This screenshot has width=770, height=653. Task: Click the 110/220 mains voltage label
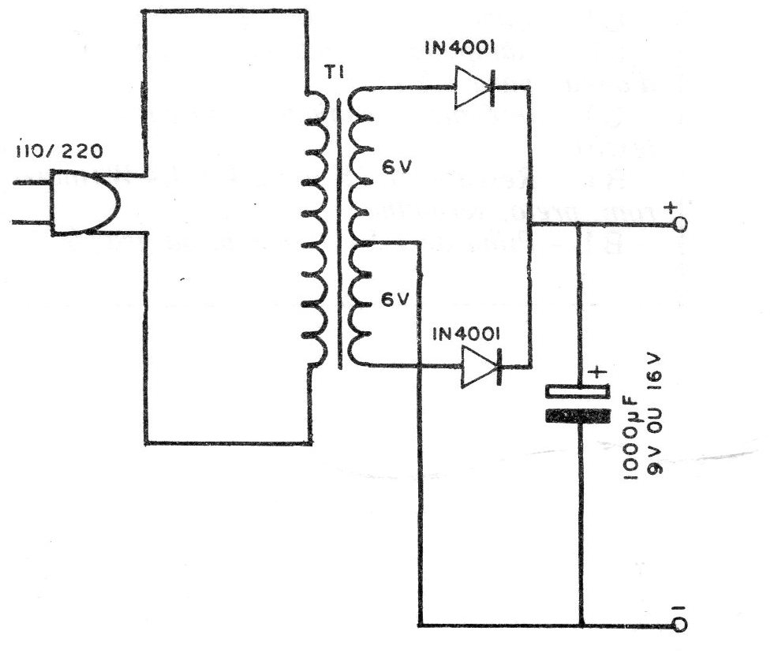click(x=59, y=150)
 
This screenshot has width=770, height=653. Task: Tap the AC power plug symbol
click(x=84, y=202)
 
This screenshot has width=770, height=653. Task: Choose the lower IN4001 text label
click(x=466, y=334)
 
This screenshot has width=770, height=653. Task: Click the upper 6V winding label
click(x=396, y=167)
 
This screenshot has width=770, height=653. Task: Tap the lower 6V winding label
click(x=396, y=299)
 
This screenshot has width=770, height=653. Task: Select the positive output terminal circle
click(x=681, y=225)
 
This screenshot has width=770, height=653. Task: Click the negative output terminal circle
click(x=681, y=625)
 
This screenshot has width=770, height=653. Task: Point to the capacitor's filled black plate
click(x=578, y=416)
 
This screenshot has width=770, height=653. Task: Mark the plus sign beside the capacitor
click(x=598, y=371)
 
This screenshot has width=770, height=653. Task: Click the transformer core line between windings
click(x=338, y=233)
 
